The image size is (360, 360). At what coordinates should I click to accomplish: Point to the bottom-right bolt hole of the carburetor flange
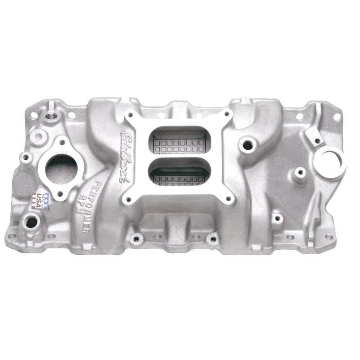click(229, 198)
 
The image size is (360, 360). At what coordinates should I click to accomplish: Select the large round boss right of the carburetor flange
click(247, 145)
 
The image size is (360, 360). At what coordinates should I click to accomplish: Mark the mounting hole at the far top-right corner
click(337, 117)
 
